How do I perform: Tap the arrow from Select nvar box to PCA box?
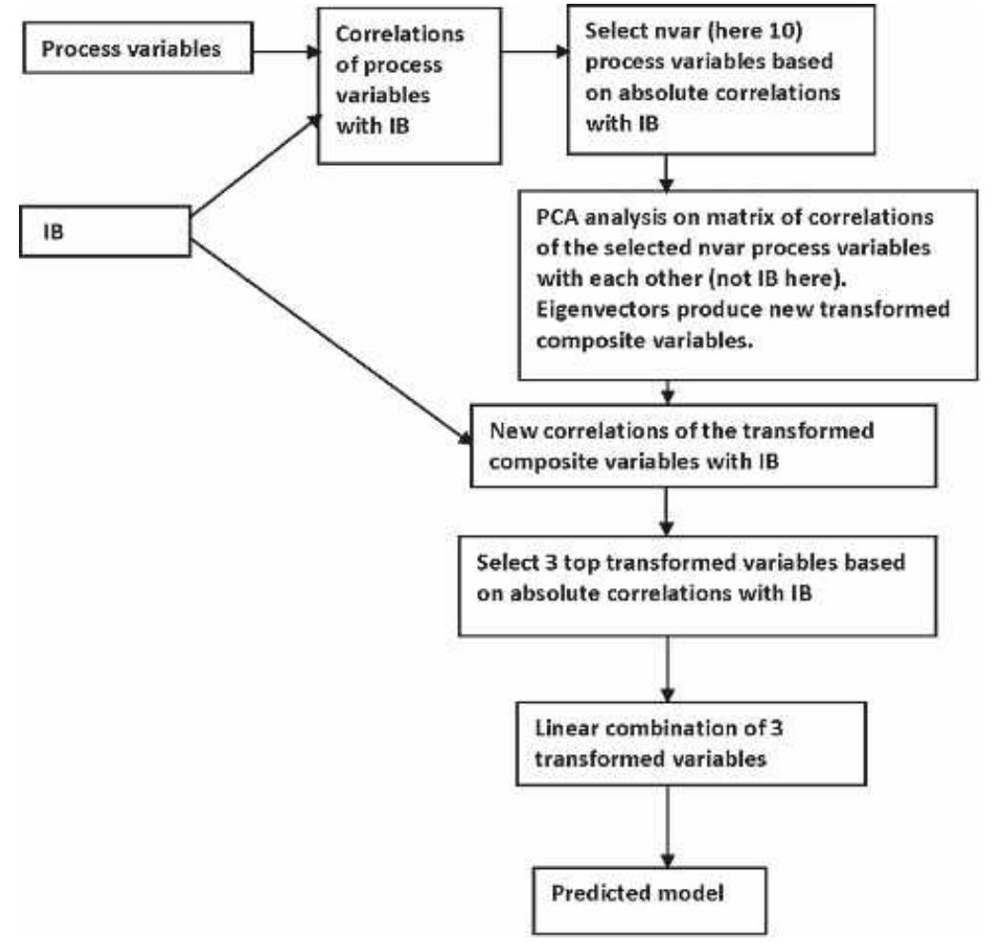(670, 170)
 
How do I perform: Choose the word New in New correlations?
(510, 431)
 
